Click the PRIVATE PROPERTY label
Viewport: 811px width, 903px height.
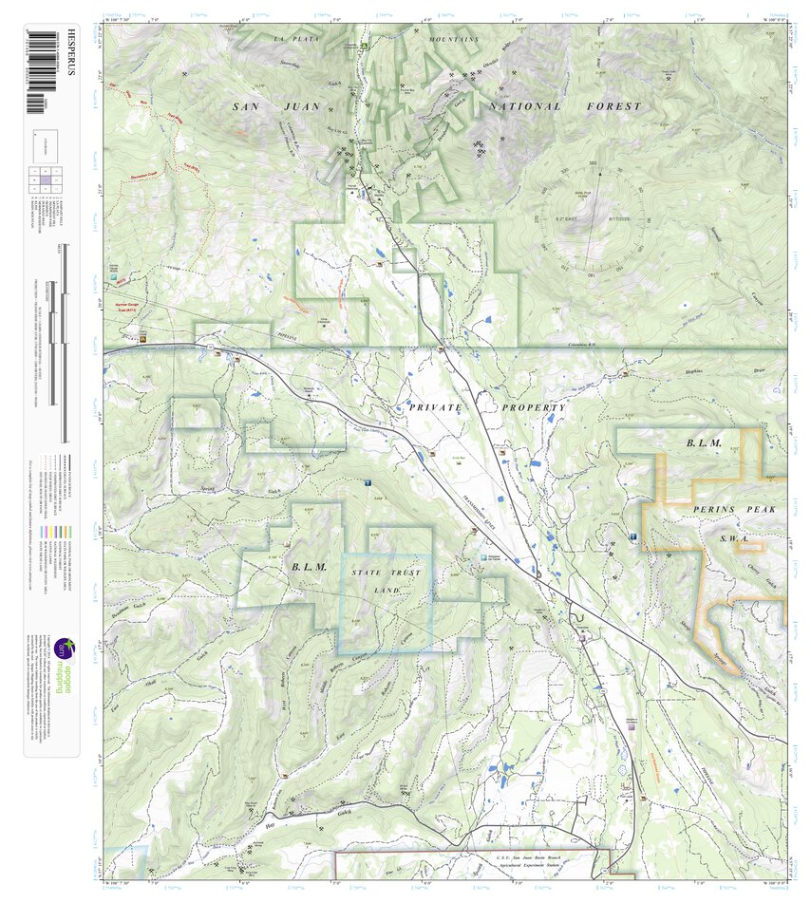tap(487, 407)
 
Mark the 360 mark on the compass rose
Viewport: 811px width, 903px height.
tap(593, 163)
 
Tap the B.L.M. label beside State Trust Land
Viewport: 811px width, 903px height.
tap(309, 567)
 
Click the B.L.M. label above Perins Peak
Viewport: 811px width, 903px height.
tap(704, 443)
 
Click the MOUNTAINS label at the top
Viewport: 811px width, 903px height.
tap(453, 39)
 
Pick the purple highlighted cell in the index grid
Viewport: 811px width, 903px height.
tap(46, 178)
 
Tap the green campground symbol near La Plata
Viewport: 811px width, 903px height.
tap(364, 45)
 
